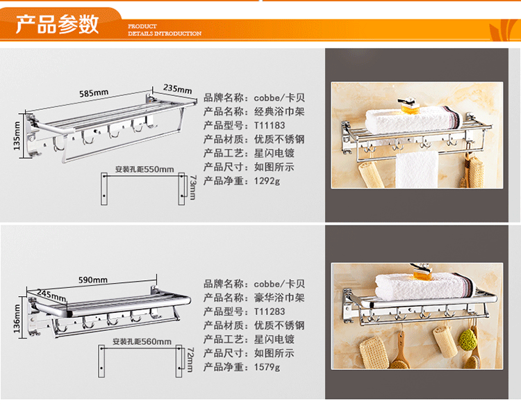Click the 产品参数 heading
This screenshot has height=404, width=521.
58,24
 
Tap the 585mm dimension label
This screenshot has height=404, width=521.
94,92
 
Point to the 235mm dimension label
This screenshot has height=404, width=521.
177,88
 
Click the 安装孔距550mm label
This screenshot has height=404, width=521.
144,169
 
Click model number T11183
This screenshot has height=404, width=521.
270,125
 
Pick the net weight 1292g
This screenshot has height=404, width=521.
267,181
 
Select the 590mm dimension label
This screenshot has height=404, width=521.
92,280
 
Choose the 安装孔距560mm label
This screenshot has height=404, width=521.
142,341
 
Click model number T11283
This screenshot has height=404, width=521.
270,312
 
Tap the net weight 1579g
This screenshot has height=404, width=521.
267,368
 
